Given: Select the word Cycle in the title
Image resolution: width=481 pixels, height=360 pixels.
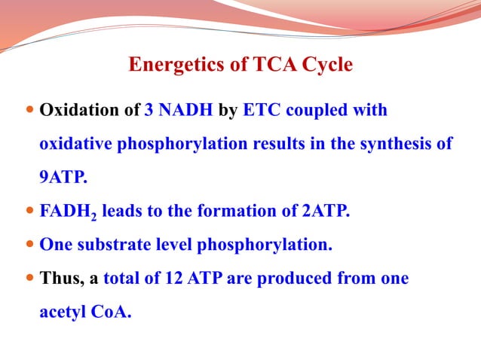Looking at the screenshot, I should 326,66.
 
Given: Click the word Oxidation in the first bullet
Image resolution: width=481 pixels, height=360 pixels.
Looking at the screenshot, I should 78,111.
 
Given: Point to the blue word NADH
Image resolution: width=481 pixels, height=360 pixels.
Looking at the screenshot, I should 185,111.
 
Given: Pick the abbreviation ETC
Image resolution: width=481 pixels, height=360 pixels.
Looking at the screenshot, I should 261,111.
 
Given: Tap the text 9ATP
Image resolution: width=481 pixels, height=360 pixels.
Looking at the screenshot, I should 63,178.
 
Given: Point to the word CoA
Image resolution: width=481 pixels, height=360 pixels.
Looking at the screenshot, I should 112,312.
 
